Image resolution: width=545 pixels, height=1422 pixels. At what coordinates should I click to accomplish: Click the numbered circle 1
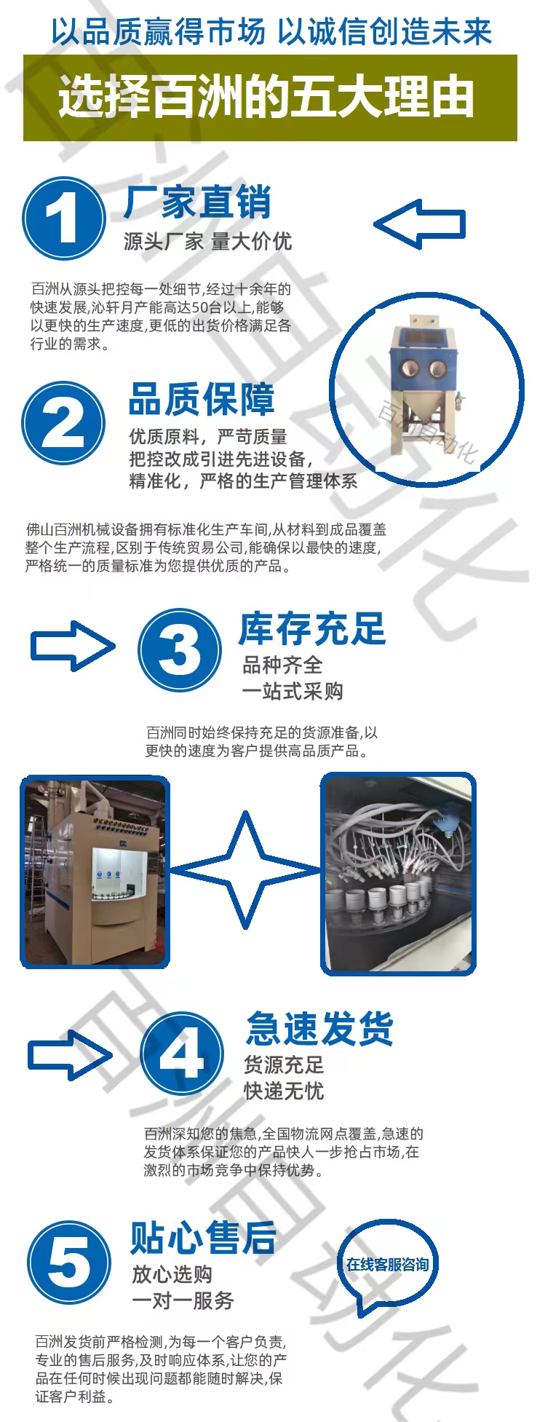click(x=64, y=218)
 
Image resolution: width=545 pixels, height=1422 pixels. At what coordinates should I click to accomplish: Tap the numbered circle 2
click(x=63, y=424)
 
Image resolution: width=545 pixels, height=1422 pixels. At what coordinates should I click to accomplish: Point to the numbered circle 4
click(x=182, y=1054)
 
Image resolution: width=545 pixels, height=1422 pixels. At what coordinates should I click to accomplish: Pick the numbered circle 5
click(x=69, y=1263)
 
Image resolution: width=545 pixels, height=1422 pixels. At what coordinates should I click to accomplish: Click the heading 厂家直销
click(x=197, y=202)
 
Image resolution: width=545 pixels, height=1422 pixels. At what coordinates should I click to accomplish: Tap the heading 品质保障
click(x=202, y=399)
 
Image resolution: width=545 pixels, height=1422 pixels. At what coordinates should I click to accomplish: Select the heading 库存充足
click(x=312, y=629)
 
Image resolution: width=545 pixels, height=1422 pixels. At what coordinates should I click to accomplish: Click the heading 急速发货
click(x=319, y=1029)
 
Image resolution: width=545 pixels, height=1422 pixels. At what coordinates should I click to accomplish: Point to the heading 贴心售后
click(x=204, y=1237)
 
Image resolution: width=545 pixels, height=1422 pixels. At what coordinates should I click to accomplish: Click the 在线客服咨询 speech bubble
click(x=388, y=1265)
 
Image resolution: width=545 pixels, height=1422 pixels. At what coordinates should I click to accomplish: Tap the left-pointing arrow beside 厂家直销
click(x=420, y=224)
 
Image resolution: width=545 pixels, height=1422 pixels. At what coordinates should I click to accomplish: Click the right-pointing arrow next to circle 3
click(x=73, y=646)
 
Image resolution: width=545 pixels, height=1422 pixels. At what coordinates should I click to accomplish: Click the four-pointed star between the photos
click(x=245, y=870)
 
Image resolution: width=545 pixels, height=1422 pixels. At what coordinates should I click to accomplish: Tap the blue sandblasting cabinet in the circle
click(x=425, y=386)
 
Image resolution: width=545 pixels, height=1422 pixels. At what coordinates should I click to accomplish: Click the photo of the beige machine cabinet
click(x=95, y=872)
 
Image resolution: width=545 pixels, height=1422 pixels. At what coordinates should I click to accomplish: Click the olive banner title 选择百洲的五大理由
click(x=266, y=98)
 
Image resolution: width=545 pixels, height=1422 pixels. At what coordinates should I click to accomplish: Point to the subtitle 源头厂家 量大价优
click(x=207, y=241)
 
